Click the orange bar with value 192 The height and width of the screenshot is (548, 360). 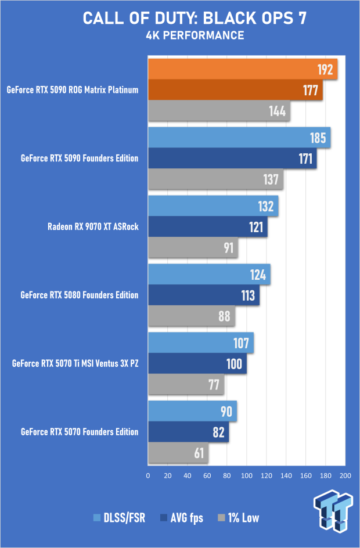pos(243,70)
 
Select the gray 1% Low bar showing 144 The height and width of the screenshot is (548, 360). pos(219,111)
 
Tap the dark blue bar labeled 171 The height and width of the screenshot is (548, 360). pos(232,158)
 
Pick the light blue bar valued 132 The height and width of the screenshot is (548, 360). pos(213,205)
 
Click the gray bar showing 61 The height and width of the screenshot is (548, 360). pos(178,453)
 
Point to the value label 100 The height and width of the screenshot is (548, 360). pos(235,364)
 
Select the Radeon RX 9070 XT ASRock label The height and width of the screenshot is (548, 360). pos(93,226)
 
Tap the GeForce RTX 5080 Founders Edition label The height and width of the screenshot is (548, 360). pos(80,295)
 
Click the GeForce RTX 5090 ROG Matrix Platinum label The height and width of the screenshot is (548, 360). pos(73,90)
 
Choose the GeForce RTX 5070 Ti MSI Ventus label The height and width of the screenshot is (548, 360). pos(75,363)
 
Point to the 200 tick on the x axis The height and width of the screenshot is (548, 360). pos(345,476)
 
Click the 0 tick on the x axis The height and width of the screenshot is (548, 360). pos(148,476)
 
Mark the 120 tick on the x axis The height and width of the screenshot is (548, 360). pos(267,476)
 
